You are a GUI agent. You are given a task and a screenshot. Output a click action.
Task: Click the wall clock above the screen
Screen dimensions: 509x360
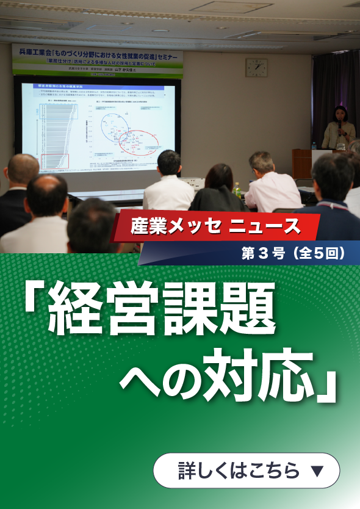point(256,68)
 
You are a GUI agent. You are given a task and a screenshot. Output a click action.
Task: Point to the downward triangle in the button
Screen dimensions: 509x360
point(316,471)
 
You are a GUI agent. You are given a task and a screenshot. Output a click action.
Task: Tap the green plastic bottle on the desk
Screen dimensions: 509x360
point(237,190)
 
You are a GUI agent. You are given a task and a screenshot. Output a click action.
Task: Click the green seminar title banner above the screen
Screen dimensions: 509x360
point(98,61)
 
